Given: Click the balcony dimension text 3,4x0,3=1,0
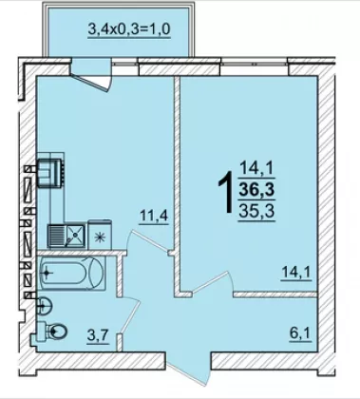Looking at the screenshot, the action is click(129, 29).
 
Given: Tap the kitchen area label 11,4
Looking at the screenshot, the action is click(154, 217).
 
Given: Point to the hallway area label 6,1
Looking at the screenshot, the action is click(300, 333).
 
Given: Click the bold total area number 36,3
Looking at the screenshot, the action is click(256, 190).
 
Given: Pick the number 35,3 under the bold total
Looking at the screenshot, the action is click(256, 210).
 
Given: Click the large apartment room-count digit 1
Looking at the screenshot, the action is click(227, 192).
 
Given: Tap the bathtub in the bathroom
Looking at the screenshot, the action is click(72, 273).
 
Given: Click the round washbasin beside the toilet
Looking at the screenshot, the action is click(46, 306).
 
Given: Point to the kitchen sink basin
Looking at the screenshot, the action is click(75, 236).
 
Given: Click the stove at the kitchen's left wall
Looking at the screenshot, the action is click(50, 172).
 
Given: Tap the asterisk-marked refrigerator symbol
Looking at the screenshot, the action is click(100, 236).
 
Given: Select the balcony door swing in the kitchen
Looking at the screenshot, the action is click(91, 80).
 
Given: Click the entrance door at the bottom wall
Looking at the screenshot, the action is click(188, 369).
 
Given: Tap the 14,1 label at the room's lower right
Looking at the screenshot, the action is click(296, 273).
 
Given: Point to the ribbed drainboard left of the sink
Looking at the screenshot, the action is click(56, 236).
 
